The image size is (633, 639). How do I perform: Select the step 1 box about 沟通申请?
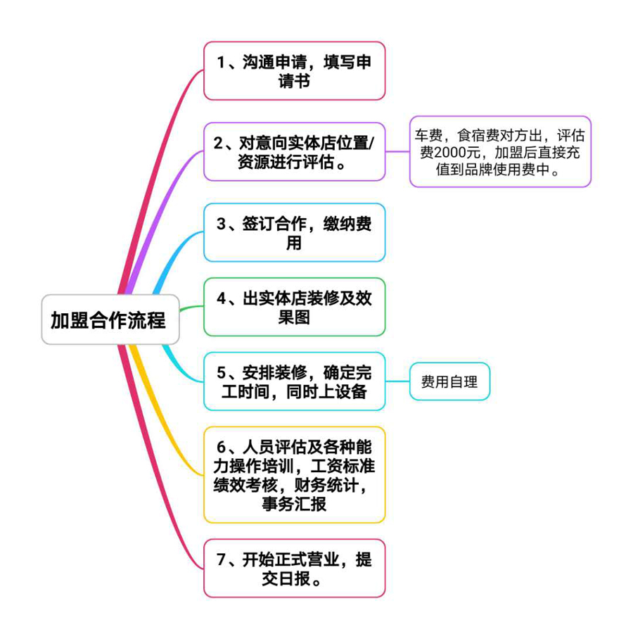click(294, 71)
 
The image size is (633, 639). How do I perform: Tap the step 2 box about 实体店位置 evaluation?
click(294, 151)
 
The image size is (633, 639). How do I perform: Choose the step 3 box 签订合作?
click(294, 233)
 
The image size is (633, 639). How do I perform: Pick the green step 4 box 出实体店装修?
click(294, 307)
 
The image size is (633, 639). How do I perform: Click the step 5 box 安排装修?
click(294, 381)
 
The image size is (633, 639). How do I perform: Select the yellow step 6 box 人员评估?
click(294, 475)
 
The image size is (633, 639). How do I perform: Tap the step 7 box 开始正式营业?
click(294, 569)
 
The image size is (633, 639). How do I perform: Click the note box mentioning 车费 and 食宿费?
click(500, 151)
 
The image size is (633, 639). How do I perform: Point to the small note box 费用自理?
click(449, 381)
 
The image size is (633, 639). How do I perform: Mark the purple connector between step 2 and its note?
click(397, 151)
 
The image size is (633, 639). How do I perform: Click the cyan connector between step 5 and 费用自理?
click(397, 381)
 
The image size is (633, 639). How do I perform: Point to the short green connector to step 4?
click(191, 308)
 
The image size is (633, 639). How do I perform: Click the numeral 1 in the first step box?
click(221, 63)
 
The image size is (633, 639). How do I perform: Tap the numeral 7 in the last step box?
click(221, 559)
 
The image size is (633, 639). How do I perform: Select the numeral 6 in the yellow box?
click(221, 447)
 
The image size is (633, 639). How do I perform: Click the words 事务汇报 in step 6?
click(294, 504)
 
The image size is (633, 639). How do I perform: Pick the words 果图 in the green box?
click(294, 317)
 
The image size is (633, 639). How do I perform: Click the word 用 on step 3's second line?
click(294, 243)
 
